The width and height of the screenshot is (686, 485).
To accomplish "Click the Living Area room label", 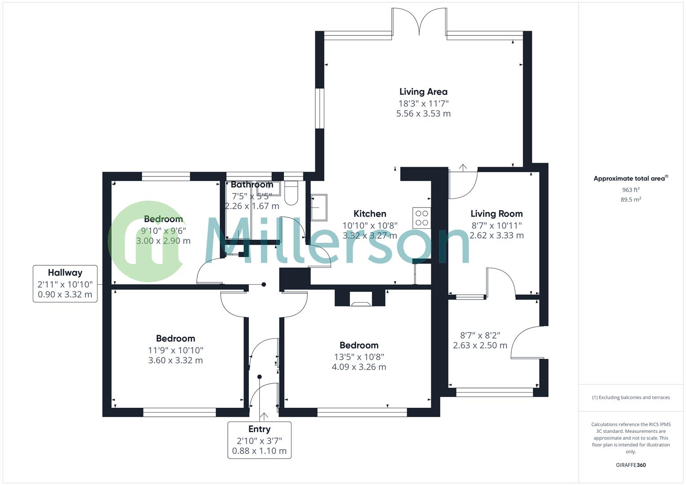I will click(x=423, y=92).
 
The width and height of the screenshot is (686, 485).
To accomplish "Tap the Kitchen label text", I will click(x=370, y=214).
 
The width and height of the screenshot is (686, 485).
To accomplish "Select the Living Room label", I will click(x=496, y=214).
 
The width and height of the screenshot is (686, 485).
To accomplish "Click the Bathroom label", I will click(x=252, y=185).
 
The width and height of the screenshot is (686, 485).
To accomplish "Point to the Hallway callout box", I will click(x=65, y=284).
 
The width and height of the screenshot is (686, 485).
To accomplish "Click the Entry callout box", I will click(x=259, y=440).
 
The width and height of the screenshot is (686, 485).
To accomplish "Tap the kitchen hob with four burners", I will click(x=422, y=218).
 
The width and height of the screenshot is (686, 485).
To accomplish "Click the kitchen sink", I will click(x=319, y=207).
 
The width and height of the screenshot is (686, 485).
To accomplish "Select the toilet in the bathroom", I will click(x=291, y=193).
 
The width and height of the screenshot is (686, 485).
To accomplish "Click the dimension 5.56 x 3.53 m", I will click(x=423, y=114).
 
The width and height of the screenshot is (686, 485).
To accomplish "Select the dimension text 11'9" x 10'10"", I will click(x=176, y=350).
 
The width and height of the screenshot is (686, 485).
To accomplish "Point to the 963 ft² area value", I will click(x=631, y=190).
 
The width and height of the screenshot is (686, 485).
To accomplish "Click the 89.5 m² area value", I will click(x=631, y=200).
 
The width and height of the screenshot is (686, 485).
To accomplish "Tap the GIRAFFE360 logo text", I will click(x=631, y=465).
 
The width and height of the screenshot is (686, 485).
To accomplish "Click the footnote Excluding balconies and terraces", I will click(x=631, y=397).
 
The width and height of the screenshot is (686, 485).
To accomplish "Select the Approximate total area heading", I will click(x=630, y=179).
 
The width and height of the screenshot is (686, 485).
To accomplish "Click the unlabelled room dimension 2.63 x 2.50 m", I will click(x=480, y=345).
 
